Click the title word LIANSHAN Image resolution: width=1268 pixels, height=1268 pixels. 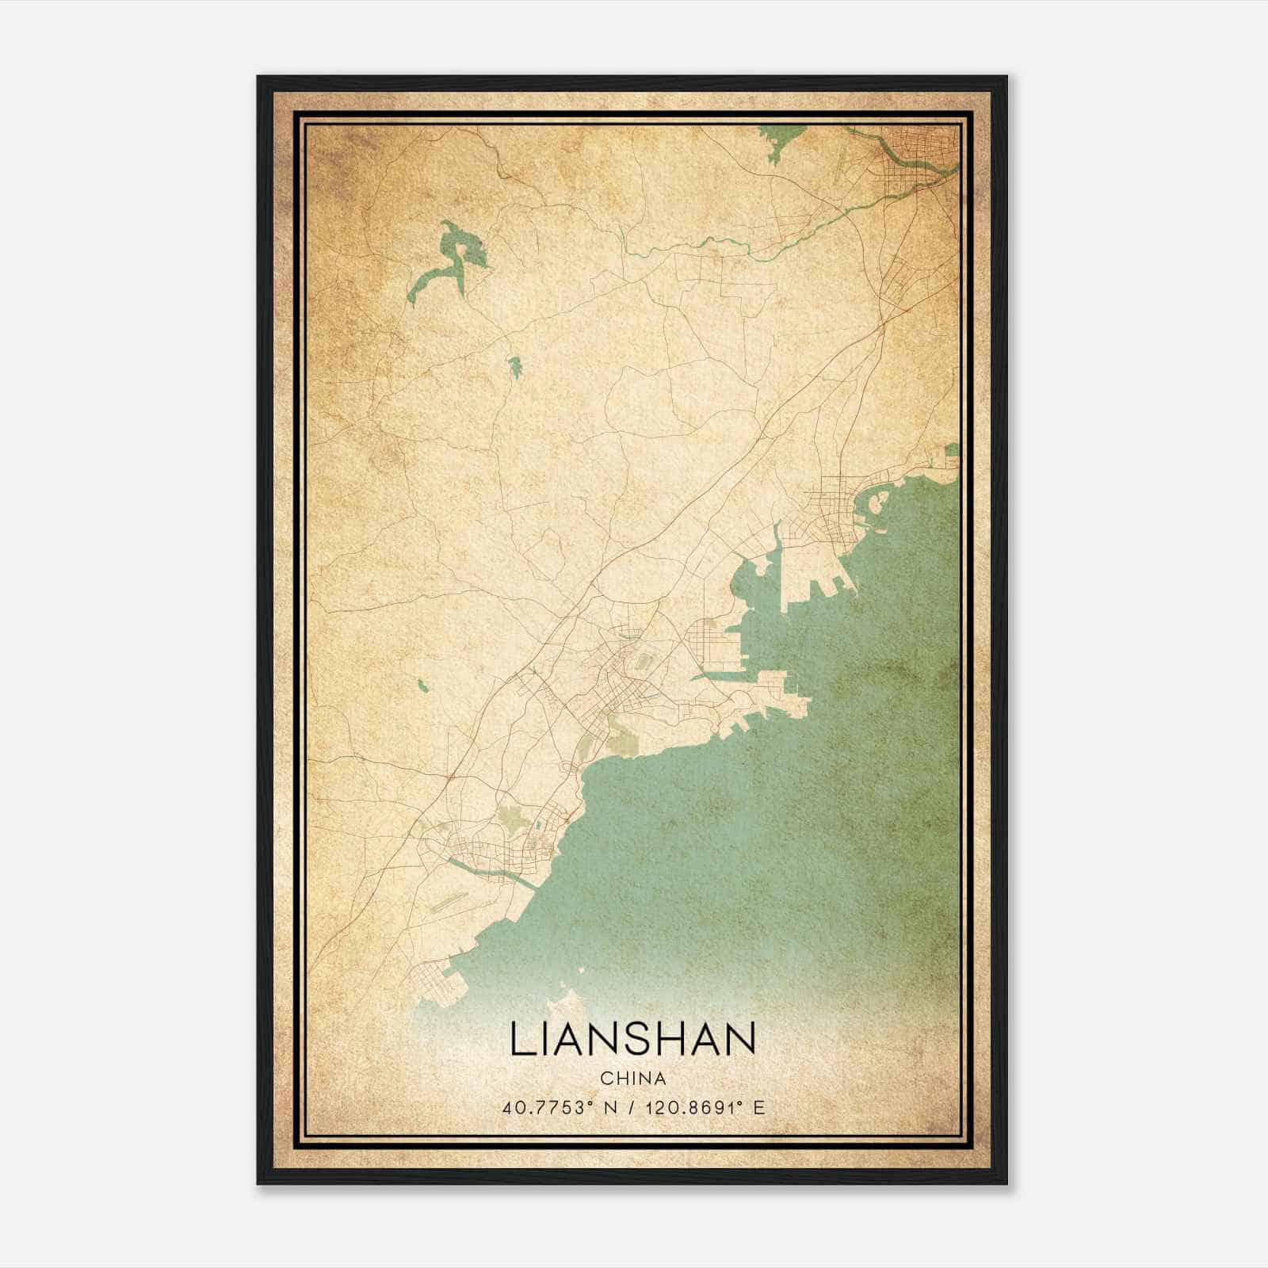point(632,1040)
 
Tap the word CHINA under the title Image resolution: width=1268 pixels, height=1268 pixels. point(632,1079)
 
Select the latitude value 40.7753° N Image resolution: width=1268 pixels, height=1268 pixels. point(560,1108)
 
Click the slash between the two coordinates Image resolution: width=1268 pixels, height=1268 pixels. point(630,1108)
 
